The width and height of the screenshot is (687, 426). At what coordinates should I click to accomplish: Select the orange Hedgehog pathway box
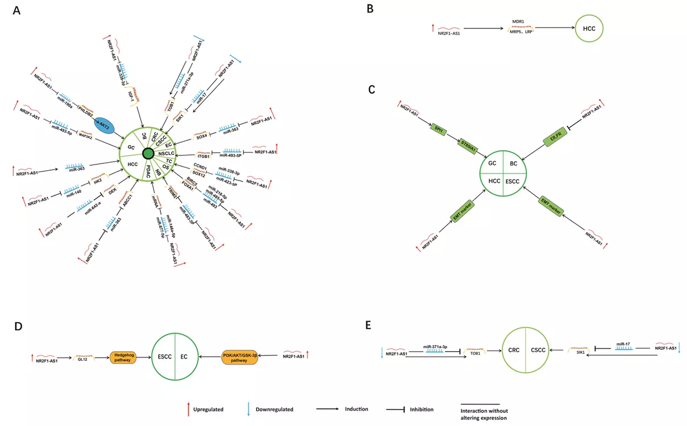click(123, 356)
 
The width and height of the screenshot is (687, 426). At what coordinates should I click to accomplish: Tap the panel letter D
click(20, 327)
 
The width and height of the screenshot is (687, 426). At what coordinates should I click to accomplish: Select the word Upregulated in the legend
click(208, 409)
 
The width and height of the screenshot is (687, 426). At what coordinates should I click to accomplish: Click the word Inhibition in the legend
click(421, 409)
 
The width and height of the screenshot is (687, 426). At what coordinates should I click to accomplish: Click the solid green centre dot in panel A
click(149, 154)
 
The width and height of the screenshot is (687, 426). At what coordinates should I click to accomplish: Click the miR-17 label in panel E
click(623, 343)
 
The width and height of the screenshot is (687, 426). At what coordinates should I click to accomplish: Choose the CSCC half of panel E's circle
click(538, 351)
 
